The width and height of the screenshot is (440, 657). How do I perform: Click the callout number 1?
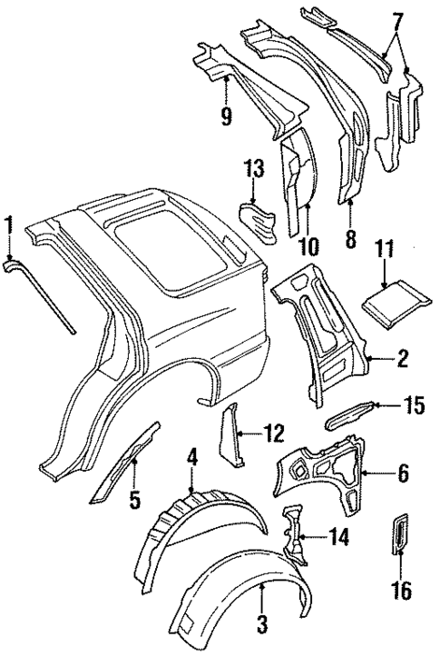point(9,224)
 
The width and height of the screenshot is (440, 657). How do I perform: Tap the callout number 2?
point(401,361)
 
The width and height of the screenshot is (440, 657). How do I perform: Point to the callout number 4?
point(192,456)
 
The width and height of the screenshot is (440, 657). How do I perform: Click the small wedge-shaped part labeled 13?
point(259,220)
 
